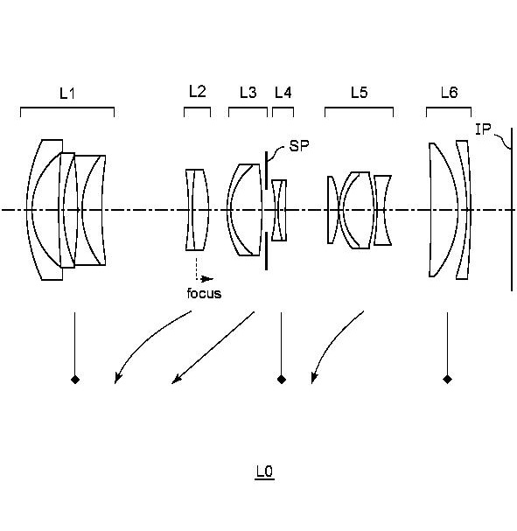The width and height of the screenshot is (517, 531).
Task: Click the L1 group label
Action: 67,93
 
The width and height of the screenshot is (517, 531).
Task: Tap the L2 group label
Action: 197,92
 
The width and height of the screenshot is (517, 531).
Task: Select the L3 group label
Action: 248,92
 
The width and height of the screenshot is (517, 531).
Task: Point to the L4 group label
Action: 283,92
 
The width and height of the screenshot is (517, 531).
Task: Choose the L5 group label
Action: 359,92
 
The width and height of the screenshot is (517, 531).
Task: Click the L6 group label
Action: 449,92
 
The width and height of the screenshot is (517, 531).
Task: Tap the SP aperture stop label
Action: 299,146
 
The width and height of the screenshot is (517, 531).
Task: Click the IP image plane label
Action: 483,129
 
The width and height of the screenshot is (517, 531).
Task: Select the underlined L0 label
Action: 264,471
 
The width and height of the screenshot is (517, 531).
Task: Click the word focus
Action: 204,293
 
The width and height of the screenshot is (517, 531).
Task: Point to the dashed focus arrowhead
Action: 207,279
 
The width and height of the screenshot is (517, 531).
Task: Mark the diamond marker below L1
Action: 75,380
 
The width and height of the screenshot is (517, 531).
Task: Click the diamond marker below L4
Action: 282,380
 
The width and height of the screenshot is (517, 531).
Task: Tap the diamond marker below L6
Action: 447,380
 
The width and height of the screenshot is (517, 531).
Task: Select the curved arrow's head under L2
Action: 118,378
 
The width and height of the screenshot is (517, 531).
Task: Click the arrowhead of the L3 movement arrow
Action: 176,380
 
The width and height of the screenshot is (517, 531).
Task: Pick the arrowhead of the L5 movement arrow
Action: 314,378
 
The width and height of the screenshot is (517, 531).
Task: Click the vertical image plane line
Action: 512,209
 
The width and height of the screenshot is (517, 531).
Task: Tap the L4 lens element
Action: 279,210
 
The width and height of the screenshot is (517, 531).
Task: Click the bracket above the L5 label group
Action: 359,108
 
